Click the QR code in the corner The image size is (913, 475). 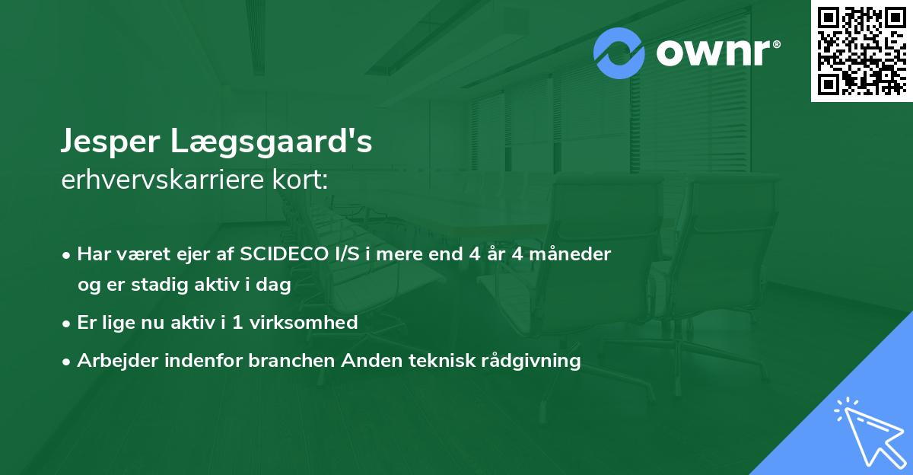point(861,50)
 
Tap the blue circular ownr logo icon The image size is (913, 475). point(619,53)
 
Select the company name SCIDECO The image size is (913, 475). point(281,254)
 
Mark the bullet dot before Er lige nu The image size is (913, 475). point(68,324)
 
